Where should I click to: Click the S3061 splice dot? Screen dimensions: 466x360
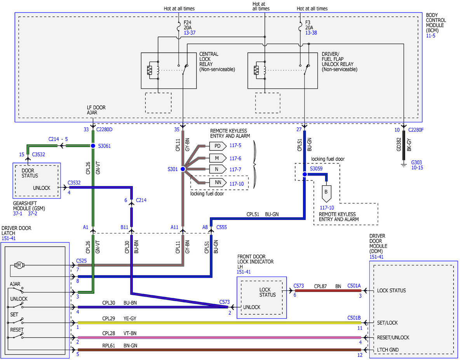coord(93,146)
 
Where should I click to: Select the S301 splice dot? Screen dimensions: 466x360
coord(183,169)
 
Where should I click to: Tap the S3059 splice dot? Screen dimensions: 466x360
coord(305,174)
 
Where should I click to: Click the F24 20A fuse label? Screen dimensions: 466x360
coord(188,25)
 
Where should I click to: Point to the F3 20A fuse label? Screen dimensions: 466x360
coord(309,25)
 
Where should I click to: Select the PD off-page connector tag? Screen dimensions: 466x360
coord(218,146)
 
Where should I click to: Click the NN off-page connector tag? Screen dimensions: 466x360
coord(218,183)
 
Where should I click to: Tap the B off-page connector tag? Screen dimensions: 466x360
coord(326,193)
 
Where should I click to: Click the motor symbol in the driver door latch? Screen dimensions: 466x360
coord(19,265)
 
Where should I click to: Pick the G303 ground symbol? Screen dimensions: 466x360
coord(404,165)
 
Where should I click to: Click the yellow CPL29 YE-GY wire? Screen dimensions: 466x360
coord(219,323)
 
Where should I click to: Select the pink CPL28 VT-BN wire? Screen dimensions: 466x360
coord(219,337)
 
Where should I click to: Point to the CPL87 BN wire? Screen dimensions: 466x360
coord(328,291)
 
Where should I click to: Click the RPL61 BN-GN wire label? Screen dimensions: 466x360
coord(120,346)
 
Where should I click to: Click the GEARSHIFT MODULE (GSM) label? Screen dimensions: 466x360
coord(29,206)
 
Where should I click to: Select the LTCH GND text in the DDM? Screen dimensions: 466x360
coord(388,350)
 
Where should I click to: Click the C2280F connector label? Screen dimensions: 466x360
coord(416,130)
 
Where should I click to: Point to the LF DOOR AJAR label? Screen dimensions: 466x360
coord(96,110)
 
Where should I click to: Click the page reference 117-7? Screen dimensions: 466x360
coord(235,170)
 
